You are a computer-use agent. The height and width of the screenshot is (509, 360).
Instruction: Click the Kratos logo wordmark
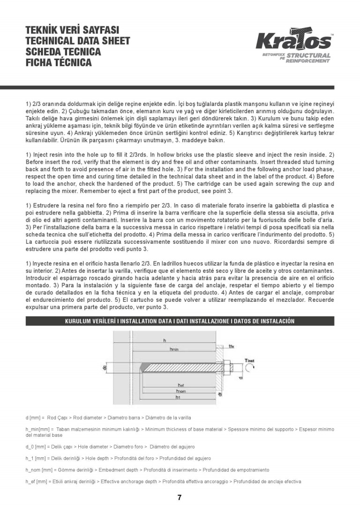tap(293, 42)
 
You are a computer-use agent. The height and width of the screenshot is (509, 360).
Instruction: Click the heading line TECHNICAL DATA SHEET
tap(78, 41)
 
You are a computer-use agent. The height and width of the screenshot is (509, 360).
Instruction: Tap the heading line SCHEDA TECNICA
tap(63, 52)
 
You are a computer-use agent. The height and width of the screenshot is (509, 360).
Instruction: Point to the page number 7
tap(180, 497)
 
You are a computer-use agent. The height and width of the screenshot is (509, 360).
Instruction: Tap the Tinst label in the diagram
tap(249, 360)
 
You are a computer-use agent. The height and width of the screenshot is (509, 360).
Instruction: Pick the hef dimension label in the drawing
tap(181, 384)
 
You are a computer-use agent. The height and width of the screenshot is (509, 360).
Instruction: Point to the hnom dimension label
tap(181, 390)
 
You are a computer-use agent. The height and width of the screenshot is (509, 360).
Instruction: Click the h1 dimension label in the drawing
tap(178, 397)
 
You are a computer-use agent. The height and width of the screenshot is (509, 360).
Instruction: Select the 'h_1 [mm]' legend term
tap(37, 458)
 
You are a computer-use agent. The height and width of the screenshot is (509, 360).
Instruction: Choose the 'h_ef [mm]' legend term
tap(37, 481)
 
